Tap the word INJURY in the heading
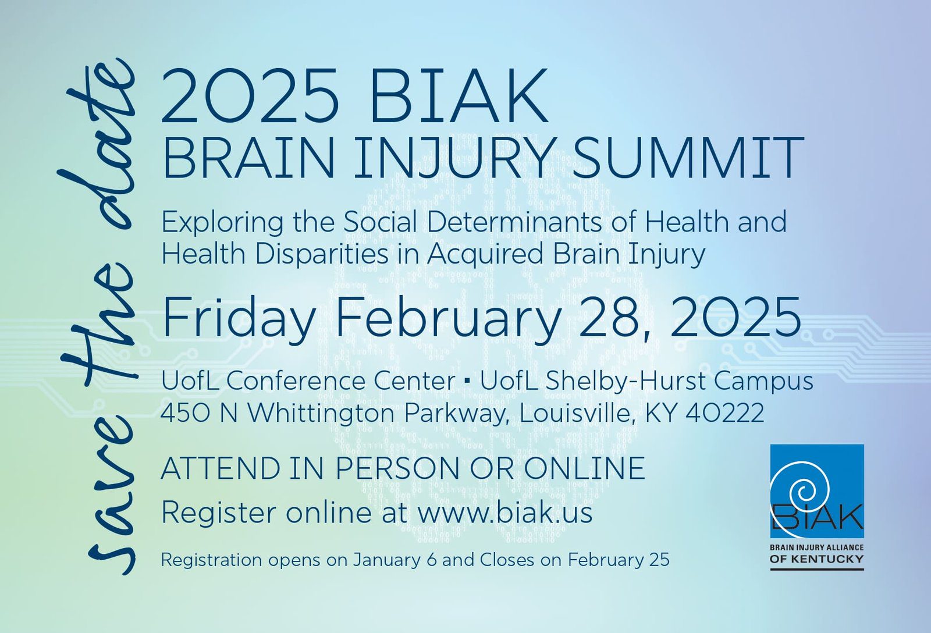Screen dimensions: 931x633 tap(454, 158)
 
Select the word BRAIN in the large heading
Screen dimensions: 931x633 tap(249, 158)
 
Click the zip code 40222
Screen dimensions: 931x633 tap(725, 412)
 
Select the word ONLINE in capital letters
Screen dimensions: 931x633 tap(584, 468)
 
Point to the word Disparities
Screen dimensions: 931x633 tap(322, 254)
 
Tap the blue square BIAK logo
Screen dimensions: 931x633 tap(817, 491)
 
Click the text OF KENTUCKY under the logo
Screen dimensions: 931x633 tap(817, 559)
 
